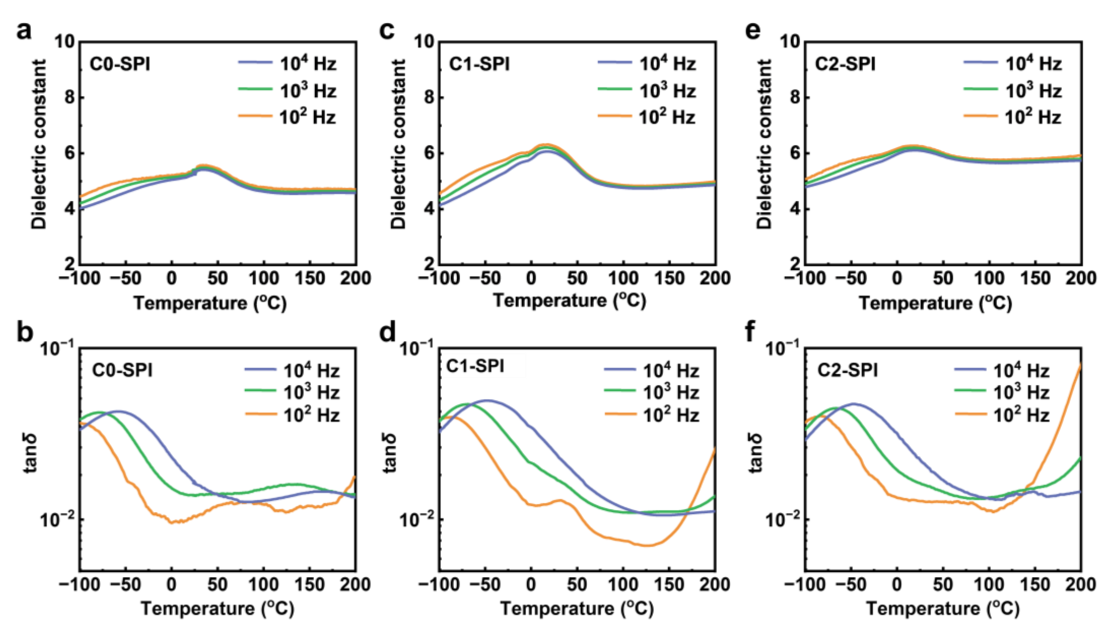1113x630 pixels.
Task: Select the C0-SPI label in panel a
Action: [x=120, y=65]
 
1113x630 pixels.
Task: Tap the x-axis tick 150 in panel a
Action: [x=309, y=278]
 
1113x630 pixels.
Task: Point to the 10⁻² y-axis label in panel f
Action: [x=784, y=520]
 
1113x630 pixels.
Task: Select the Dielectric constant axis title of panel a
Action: [x=39, y=144]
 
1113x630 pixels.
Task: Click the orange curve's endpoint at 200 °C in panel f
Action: [x=1080, y=365]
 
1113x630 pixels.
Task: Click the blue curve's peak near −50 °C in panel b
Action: [x=118, y=411]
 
